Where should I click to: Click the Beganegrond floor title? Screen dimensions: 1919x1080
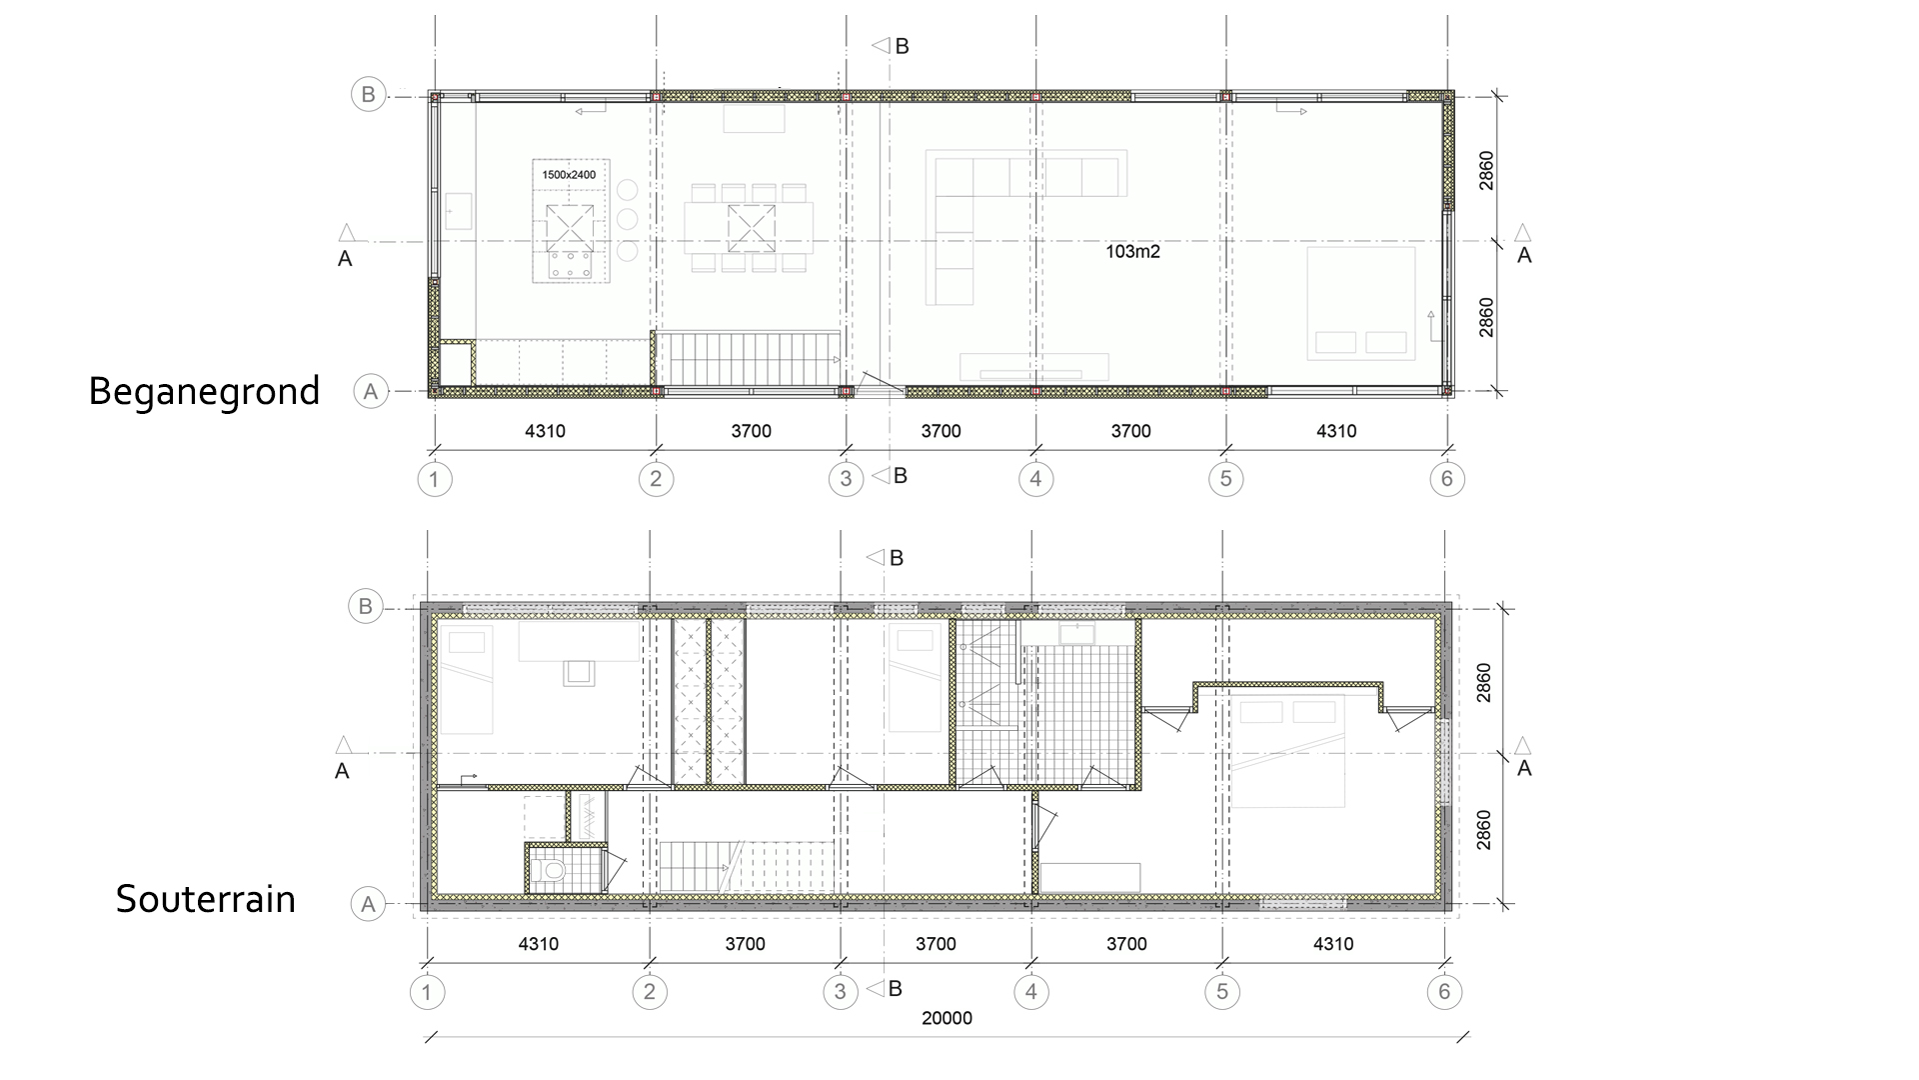[204, 391]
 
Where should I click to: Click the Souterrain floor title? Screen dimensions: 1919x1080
[206, 898]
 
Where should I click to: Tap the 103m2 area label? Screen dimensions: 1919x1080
[1132, 252]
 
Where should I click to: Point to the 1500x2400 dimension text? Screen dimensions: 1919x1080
[569, 175]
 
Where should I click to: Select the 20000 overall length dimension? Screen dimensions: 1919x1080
[947, 1019]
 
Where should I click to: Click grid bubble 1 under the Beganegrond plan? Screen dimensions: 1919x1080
[434, 479]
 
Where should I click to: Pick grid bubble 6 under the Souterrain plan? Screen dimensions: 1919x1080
[1443, 992]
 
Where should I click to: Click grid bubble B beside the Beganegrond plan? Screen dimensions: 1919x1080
[368, 95]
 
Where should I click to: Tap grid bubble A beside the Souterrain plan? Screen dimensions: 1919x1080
[368, 905]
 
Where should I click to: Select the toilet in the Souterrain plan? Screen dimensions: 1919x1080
[549, 871]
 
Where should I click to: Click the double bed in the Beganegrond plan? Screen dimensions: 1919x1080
[1361, 304]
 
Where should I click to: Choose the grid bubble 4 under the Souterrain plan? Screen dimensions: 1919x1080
[1030, 992]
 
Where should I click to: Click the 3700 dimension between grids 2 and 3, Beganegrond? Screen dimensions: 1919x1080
[751, 431]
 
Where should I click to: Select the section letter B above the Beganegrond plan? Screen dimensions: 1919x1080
[902, 46]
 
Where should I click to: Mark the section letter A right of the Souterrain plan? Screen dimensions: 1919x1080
[1524, 768]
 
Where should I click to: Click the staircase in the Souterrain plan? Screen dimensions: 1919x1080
[746, 866]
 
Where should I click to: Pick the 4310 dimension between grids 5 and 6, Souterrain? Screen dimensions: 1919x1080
[1333, 944]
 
